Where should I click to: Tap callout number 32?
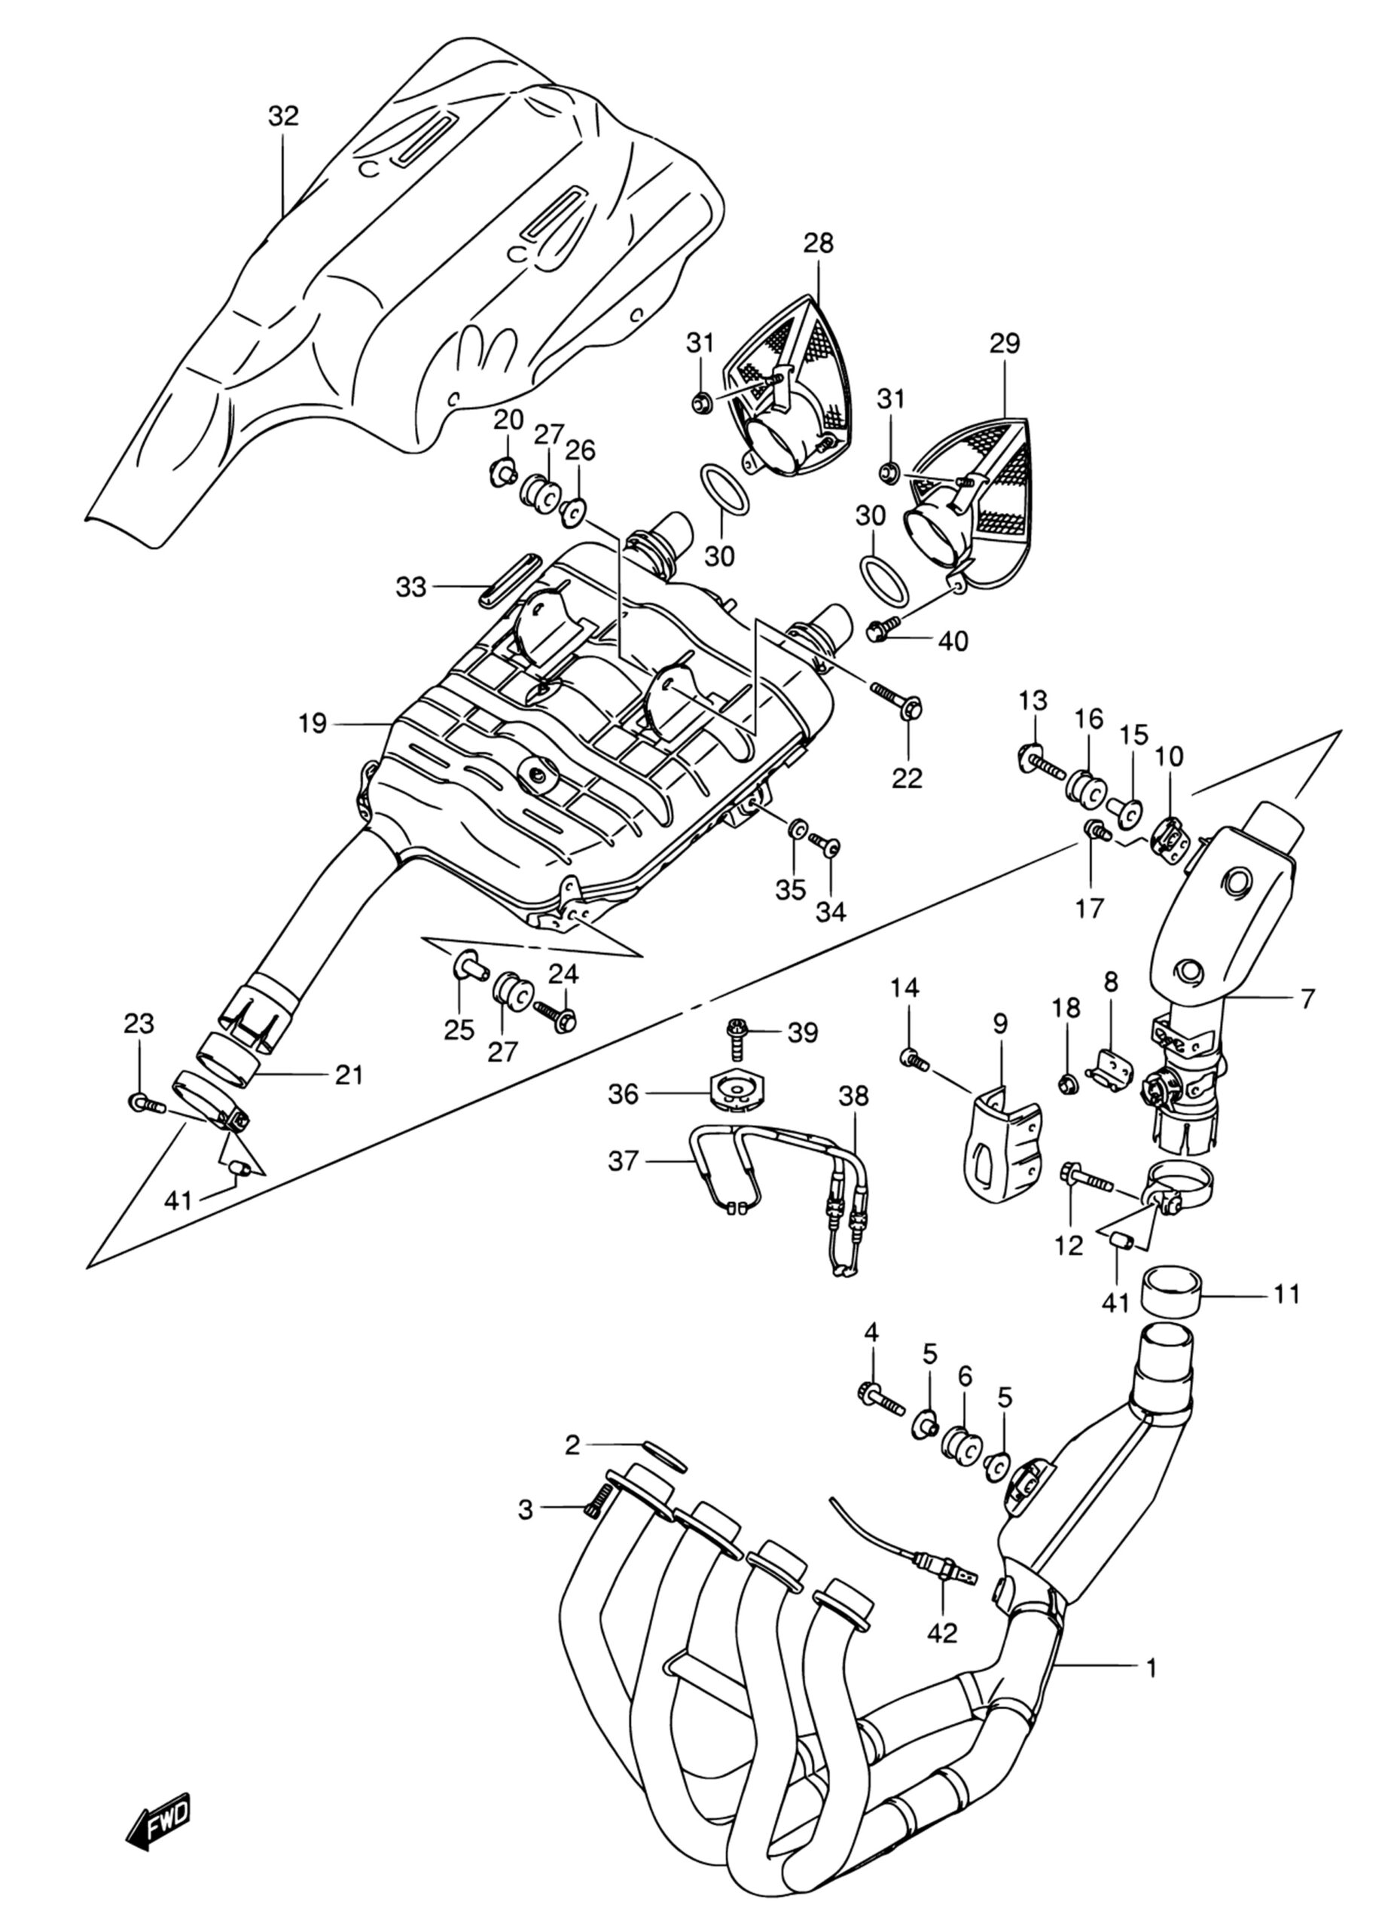coord(283,116)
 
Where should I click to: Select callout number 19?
coord(312,724)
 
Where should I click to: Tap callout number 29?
coord(1004,344)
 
